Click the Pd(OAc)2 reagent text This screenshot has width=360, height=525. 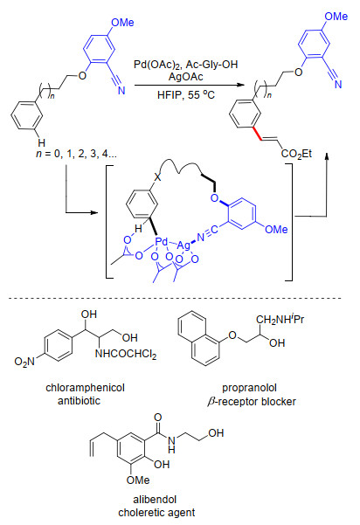click(x=157, y=65)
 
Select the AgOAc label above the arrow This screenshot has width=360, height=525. click(x=185, y=77)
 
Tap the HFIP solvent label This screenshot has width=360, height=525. click(x=170, y=95)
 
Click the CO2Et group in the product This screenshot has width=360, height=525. click(x=296, y=154)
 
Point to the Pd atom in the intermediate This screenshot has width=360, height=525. click(x=161, y=241)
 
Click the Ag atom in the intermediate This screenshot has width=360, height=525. click(x=183, y=245)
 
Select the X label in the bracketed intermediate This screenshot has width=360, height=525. click(x=157, y=177)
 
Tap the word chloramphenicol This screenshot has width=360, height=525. click(x=85, y=388)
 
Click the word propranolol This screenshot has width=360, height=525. click(x=250, y=388)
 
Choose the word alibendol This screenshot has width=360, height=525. click(x=155, y=500)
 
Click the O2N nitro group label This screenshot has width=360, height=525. click(x=24, y=362)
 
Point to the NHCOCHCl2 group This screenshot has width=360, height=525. click(x=126, y=354)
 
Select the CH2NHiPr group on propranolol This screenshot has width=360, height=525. click(x=280, y=319)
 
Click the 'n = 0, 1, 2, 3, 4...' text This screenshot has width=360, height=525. click(x=76, y=154)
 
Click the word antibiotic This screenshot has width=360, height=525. click(x=79, y=401)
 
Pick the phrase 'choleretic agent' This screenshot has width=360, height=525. click(x=156, y=513)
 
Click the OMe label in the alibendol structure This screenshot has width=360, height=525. click(x=138, y=480)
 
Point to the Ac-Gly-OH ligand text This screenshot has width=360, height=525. click(x=211, y=65)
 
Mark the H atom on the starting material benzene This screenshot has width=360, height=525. click(x=41, y=143)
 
